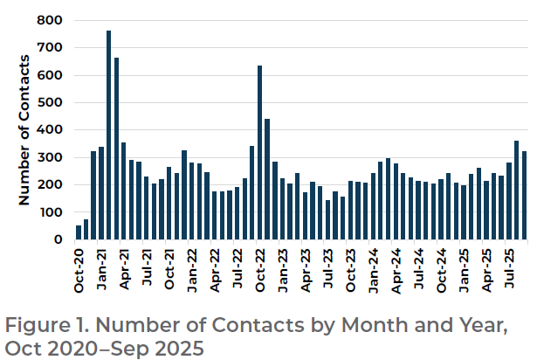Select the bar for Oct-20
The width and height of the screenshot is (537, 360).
click(x=79, y=232)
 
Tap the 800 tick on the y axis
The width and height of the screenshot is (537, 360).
click(x=52, y=20)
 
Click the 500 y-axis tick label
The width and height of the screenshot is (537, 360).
click(x=52, y=102)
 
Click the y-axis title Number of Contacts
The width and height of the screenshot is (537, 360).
click(x=25, y=129)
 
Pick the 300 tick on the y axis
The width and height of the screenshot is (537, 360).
click(x=52, y=157)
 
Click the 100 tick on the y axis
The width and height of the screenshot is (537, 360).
click(x=52, y=212)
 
